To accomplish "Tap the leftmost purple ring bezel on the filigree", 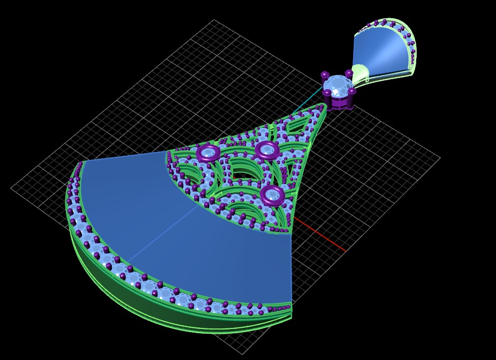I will [208, 152].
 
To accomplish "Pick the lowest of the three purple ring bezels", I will [272, 195].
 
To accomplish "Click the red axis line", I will [321, 235].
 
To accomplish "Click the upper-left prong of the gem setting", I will [324, 75].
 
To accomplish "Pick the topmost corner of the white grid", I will [214, 20].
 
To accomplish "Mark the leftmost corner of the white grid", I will [11, 188].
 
